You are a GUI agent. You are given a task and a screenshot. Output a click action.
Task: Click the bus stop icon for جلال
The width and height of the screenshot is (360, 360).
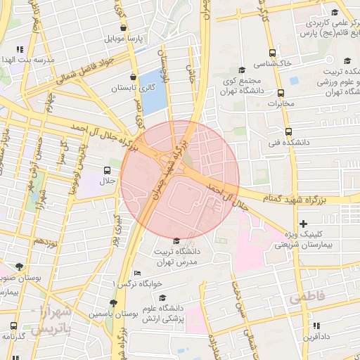coord(107,170)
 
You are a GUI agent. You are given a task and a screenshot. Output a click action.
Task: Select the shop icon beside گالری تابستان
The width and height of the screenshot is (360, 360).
coord(134,77)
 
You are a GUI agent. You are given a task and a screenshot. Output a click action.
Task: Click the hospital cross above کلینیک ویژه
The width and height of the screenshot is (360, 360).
coord(303,224)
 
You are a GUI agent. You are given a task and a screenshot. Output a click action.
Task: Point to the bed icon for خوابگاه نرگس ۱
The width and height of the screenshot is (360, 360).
coord(137,274)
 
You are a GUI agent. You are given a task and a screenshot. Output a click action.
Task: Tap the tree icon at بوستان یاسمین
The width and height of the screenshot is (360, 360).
coord(113,303)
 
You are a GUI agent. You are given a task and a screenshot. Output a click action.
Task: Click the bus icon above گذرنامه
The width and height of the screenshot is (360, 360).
coord(13,326)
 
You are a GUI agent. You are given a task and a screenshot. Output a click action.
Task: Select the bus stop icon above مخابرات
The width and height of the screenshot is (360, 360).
coord(281,94)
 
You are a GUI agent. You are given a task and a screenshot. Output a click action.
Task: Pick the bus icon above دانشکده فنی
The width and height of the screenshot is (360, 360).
coord(288,131)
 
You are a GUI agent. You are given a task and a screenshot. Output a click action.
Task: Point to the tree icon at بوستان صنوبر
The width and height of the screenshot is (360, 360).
coord(18,267)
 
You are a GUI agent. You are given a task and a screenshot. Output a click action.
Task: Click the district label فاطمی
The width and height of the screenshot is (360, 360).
coord(307,298)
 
